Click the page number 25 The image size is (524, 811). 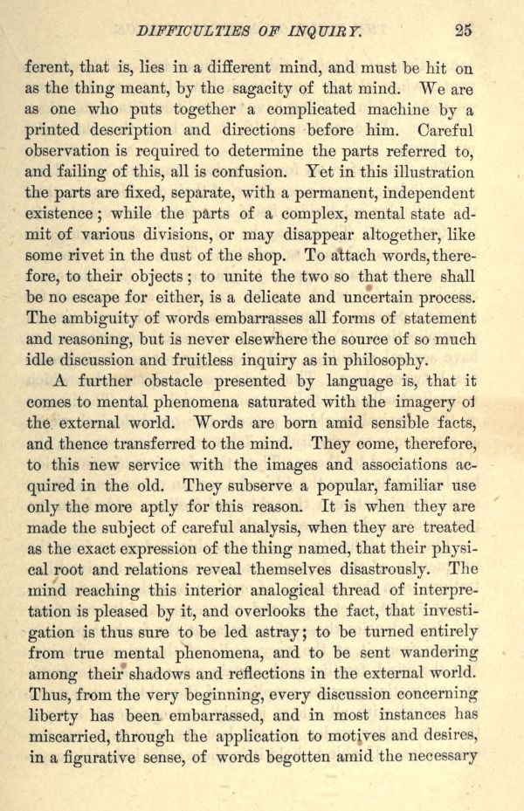point(464,31)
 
